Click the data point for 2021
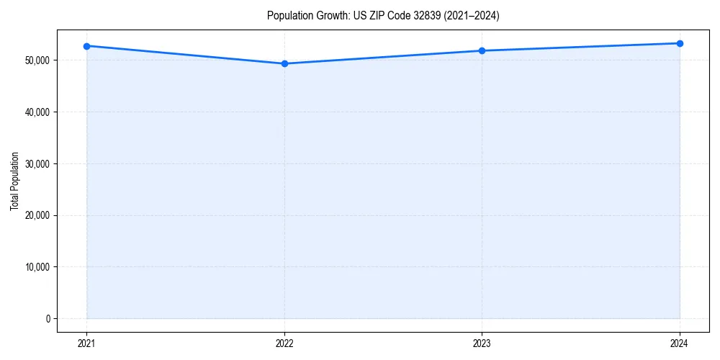86,46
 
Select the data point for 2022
284,63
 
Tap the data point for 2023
482,50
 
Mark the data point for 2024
680,43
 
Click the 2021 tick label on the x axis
86,343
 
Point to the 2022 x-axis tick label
284,343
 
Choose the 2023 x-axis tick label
482,343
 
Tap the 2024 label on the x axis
680,343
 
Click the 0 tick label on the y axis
48,319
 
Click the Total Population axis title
14,181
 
